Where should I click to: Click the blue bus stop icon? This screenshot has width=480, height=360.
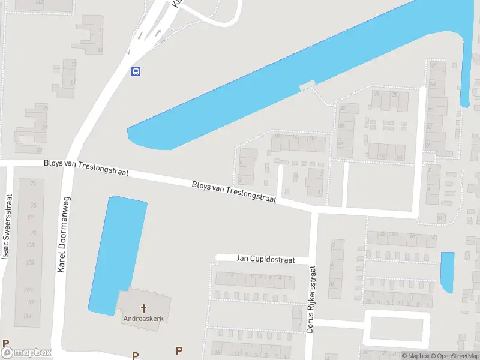[136, 72]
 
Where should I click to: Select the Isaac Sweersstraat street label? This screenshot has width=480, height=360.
[7, 227]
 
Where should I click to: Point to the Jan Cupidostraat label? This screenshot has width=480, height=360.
[265, 260]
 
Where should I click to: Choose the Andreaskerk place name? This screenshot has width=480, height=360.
[143, 319]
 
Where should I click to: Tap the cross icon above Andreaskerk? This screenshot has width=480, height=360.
[143, 308]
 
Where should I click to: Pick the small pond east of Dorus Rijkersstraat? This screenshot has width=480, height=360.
[447, 271]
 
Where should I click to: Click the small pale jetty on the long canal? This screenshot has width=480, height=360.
[307, 86]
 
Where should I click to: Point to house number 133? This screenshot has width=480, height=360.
[27, 316]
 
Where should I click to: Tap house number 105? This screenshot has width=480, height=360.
[30, 263]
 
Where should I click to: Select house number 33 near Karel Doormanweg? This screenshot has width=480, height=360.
[39, 149]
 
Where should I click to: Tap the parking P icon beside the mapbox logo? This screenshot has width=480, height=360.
[6, 344]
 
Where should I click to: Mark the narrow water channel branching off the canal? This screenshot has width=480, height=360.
[464, 72]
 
